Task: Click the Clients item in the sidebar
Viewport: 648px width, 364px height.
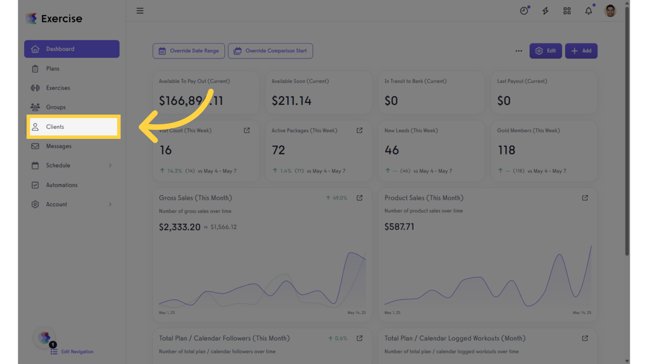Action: pos(55,127)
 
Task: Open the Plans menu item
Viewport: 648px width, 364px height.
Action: pos(53,69)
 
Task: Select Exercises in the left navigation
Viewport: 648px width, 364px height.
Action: pos(58,88)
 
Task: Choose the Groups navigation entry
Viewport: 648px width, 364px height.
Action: pos(56,108)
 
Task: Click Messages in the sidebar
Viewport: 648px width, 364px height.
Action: pos(58,146)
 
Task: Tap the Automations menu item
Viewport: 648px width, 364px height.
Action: pos(61,185)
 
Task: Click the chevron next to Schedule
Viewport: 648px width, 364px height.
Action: pos(110,165)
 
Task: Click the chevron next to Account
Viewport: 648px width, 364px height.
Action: pos(110,204)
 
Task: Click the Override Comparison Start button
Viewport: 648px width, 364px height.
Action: pos(270,51)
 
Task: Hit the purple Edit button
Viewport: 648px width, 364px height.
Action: pos(546,51)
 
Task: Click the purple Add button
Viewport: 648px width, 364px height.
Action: pos(581,51)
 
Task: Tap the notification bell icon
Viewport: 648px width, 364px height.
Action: pos(588,11)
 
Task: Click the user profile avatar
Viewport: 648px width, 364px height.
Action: pos(610,11)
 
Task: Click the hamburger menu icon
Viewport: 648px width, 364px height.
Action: pos(140,11)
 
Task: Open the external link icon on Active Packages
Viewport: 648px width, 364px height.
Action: pos(360,130)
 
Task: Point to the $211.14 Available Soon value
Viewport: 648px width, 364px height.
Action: pos(291,100)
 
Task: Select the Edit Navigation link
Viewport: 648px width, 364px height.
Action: pos(77,352)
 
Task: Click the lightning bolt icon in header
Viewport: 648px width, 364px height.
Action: pos(546,11)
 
